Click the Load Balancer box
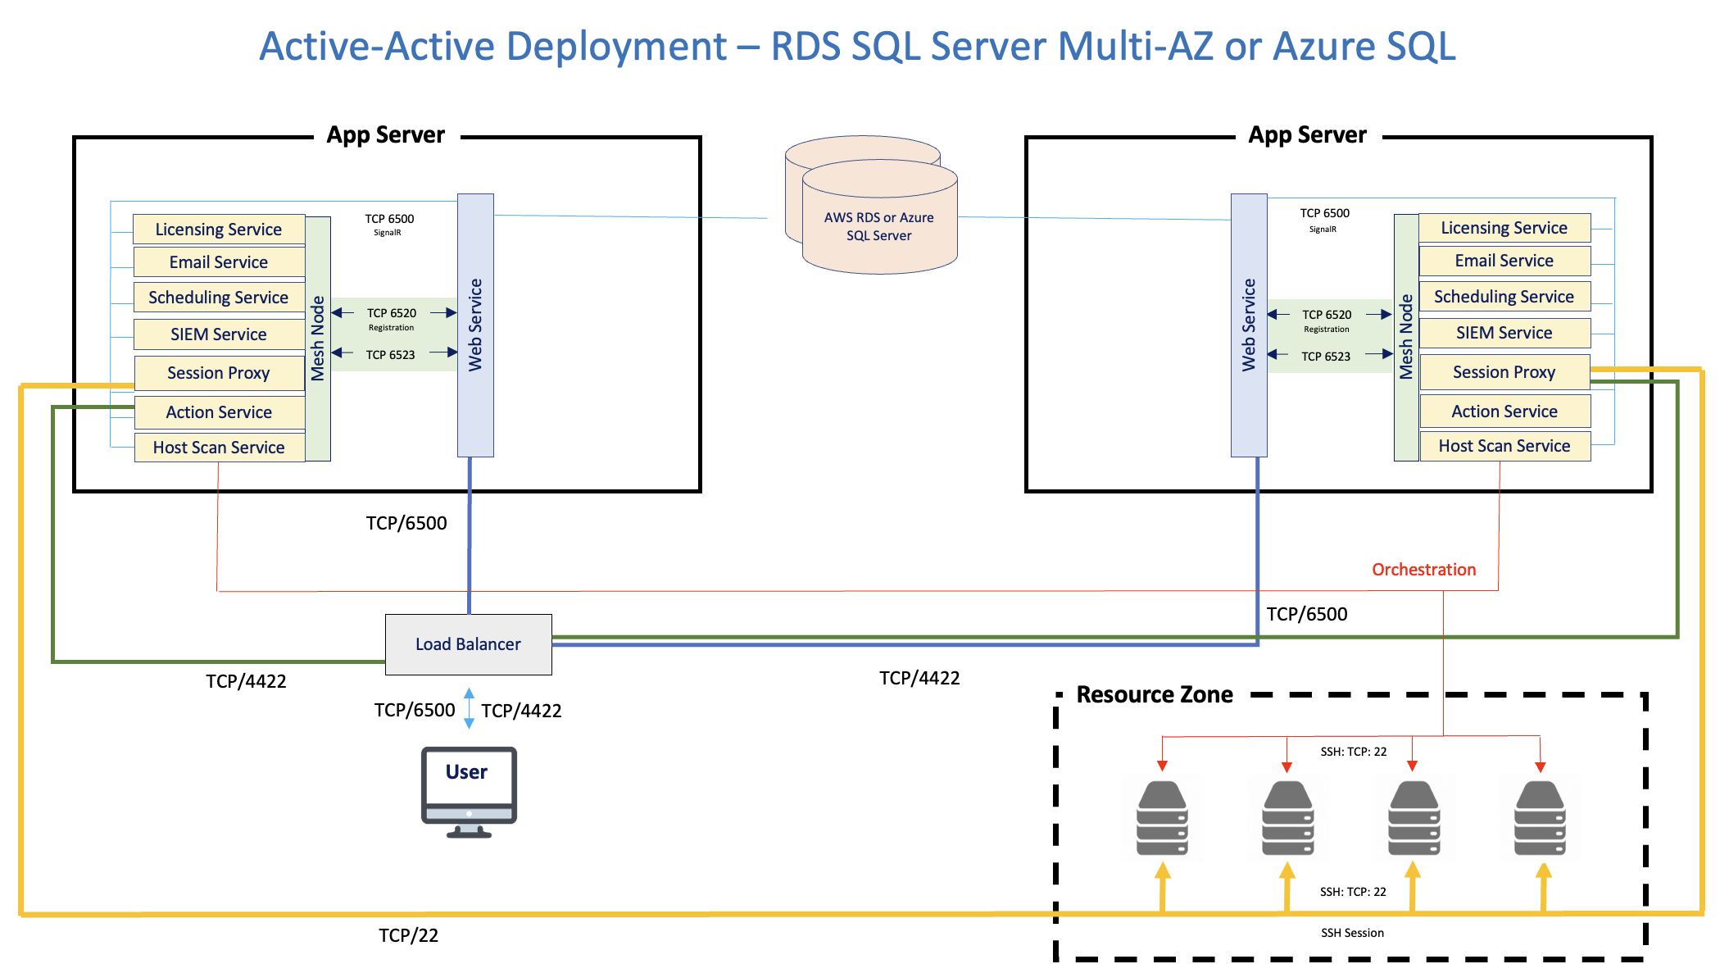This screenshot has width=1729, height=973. (468, 644)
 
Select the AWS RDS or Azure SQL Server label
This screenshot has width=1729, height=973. (878, 226)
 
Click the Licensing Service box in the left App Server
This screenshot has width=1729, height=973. (219, 230)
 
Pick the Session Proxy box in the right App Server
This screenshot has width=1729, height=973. (1504, 372)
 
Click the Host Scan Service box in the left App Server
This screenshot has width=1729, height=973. (219, 448)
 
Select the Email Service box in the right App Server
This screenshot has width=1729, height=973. (1504, 261)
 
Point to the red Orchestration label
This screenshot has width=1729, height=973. (1423, 570)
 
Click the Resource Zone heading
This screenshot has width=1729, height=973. (1154, 694)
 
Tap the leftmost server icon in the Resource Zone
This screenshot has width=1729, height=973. (1162, 818)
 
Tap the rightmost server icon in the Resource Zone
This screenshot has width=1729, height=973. (1540, 818)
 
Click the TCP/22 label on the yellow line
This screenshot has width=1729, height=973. (408, 935)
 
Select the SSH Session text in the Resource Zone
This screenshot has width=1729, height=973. (1352, 933)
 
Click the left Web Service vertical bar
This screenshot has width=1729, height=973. (475, 325)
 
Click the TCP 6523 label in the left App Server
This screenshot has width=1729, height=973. (390, 355)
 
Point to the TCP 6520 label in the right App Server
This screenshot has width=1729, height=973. (1327, 315)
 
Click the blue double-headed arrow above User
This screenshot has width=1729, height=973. (469, 709)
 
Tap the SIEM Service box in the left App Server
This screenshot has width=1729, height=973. (219, 334)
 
